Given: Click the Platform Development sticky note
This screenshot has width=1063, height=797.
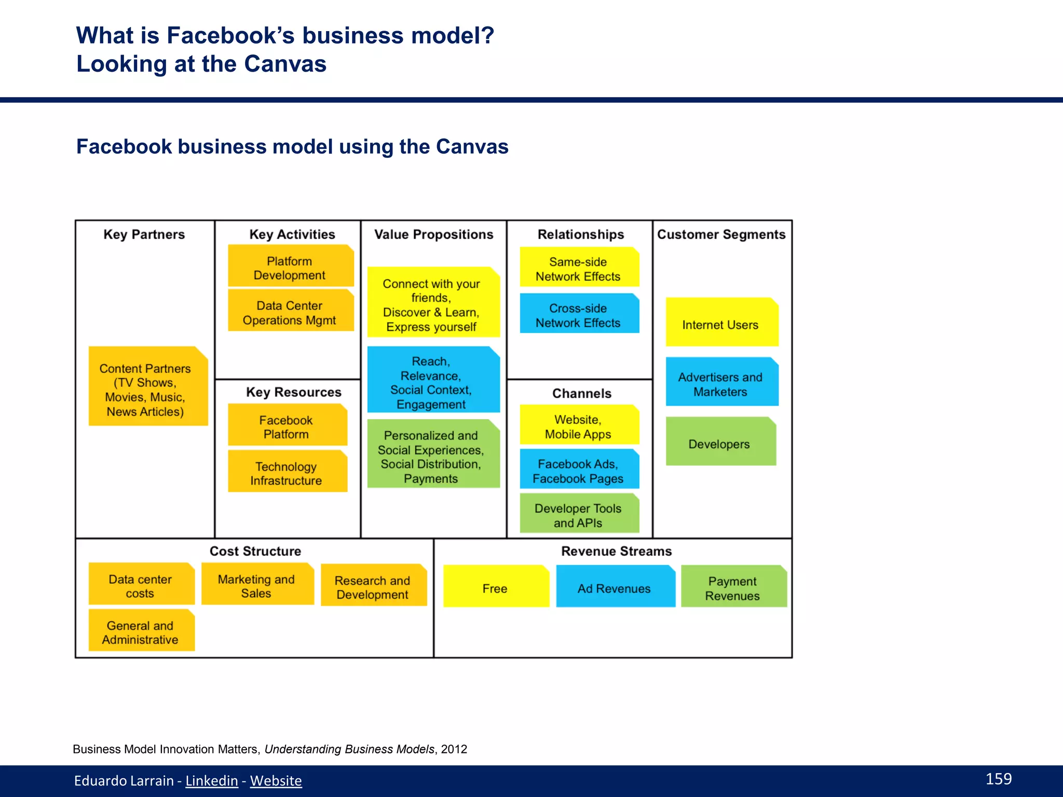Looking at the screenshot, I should tap(290, 268).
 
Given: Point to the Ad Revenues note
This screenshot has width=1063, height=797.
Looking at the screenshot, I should tap(615, 588).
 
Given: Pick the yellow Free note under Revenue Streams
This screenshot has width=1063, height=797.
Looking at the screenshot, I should tap(495, 588).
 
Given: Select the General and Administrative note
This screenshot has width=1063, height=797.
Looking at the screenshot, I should tap(141, 632).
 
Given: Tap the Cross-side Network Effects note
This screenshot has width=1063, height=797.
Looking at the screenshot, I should tap(578, 315).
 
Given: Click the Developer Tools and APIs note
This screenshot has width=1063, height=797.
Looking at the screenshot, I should tap(578, 515).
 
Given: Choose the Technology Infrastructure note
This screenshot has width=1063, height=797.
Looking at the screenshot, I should tap(287, 473).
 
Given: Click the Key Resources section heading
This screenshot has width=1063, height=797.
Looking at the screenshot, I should tap(294, 392).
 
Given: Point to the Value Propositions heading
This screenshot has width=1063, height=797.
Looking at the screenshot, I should tap(434, 234).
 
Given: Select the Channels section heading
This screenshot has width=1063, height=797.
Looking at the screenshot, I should tap(582, 393).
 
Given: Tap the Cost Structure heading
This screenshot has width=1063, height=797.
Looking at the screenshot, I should tap(255, 551).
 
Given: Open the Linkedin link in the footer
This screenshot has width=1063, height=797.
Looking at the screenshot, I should tap(212, 780).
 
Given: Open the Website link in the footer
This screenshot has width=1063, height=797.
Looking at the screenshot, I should tap(276, 780).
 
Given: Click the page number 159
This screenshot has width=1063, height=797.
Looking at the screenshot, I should tap(998, 778).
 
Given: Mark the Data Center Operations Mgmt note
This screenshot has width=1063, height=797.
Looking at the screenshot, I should tap(290, 313).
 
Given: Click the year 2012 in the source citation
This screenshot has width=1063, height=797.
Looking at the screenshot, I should tap(454, 749).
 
